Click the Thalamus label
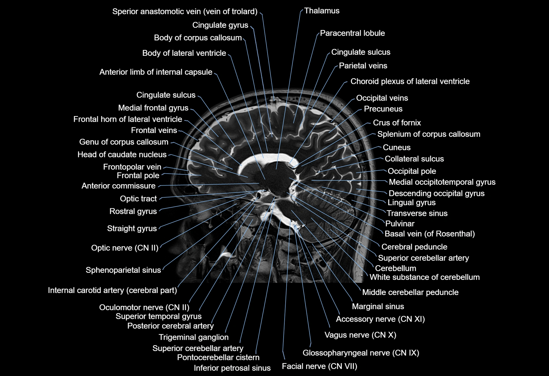click(322, 11)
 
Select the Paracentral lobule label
click(352, 33)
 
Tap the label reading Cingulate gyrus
click(220, 25)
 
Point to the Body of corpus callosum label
click(198, 38)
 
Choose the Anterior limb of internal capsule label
click(156, 72)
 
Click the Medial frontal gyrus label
click(153, 108)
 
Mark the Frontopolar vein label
click(132, 167)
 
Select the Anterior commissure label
click(118, 186)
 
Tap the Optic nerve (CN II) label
click(125, 248)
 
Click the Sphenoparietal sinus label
click(123, 270)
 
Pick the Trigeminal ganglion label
click(194, 337)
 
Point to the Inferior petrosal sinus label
click(232, 368)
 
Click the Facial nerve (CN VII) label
click(320, 366)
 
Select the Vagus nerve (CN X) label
click(360, 335)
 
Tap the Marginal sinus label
click(378, 306)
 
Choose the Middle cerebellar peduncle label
click(410, 292)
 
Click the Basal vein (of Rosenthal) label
click(429, 234)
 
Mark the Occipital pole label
click(412, 171)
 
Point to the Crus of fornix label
click(397, 123)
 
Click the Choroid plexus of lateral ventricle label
click(410, 82)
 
